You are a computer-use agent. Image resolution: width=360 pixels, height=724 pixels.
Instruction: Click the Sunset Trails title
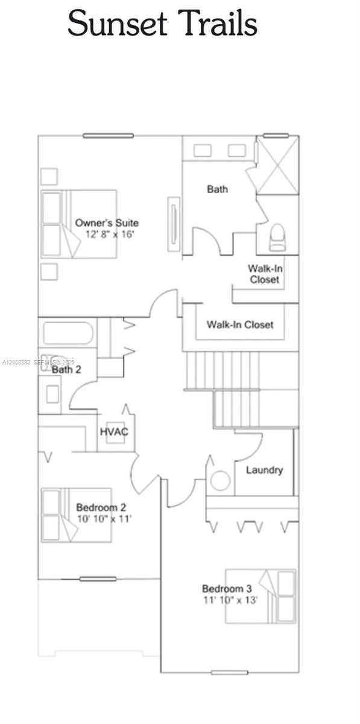pos(162,24)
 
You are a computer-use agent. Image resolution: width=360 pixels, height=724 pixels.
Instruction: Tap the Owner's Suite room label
pos(107,223)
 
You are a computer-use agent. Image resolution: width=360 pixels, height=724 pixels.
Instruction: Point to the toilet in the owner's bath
pos(277,237)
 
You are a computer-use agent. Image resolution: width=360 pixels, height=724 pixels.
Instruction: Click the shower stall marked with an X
pos(277,164)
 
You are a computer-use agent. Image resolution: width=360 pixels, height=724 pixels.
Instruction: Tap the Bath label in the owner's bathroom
pos(217,189)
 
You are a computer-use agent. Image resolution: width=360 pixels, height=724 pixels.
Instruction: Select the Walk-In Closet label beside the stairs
pos(240,325)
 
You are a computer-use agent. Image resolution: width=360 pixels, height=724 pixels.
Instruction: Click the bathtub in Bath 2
pos(68,332)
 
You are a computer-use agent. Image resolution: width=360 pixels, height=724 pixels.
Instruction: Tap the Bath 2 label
pos(66,369)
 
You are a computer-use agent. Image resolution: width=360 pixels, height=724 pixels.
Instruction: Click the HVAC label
pos(114,432)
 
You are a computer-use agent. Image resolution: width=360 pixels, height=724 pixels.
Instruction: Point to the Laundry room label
pos(264,470)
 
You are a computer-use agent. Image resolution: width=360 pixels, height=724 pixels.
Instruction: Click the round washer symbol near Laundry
pos(220,481)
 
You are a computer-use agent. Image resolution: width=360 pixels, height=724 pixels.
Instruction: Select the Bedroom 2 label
pos(101,507)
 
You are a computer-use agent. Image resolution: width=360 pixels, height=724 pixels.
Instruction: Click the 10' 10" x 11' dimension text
pos(104,518)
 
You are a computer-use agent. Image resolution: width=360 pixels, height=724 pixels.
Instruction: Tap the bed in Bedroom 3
pos(261,595)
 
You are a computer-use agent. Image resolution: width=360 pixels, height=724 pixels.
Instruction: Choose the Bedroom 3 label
pos(227,589)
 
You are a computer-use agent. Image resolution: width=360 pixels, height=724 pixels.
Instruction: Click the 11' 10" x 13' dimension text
pos(230,600)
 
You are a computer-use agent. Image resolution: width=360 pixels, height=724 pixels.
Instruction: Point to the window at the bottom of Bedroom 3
pos(230,672)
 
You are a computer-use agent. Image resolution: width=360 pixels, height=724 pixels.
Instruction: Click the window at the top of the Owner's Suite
pos(108,136)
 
